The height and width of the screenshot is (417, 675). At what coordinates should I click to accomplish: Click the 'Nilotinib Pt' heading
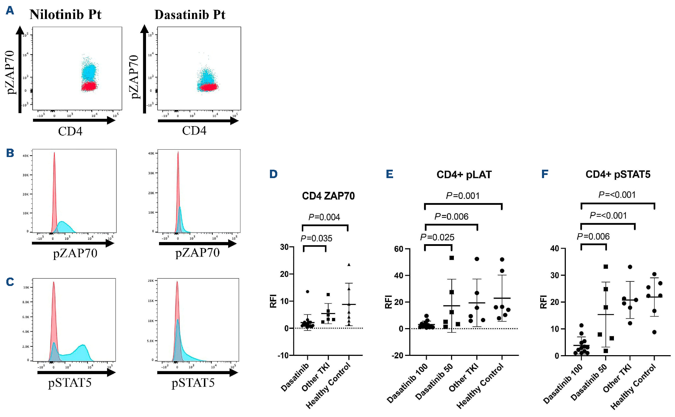click(65, 14)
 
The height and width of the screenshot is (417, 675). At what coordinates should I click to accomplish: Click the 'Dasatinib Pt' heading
click(190, 14)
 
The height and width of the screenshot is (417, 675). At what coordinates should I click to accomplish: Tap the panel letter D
click(273, 174)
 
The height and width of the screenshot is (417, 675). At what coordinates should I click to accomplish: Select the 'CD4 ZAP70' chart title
click(328, 196)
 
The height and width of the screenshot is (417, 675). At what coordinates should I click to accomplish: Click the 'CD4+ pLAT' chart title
click(464, 175)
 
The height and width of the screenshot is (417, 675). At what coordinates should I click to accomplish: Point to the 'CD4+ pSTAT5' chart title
click(618, 175)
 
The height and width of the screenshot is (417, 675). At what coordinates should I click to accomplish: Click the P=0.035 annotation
click(316, 239)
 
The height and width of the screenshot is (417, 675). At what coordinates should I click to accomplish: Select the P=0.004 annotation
click(324, 217)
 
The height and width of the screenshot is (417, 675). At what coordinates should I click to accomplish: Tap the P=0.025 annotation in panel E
click(437, 237)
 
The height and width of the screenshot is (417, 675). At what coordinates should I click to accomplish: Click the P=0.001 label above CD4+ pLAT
click(463, 196)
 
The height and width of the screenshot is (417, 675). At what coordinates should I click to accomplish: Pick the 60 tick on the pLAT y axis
click(399, 249)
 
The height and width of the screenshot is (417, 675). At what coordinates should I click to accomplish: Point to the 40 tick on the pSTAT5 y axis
click(555, 249)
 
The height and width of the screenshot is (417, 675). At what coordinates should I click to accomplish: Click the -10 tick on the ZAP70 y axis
click(283, 356)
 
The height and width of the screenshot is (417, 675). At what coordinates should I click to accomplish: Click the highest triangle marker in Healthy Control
click(349, 265)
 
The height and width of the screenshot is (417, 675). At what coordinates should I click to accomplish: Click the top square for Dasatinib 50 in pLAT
click(452, 258)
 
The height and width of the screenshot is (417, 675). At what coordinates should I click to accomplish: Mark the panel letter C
click(10, 282)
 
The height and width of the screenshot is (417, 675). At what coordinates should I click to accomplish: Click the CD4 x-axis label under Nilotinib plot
click(70, 131)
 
